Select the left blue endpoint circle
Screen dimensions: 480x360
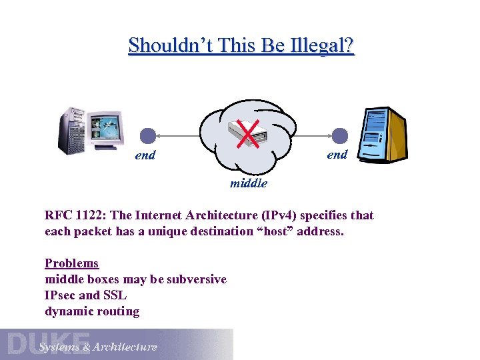click(148, 136)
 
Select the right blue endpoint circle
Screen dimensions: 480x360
click(340, 136)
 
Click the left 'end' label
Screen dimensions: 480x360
click(145, 155)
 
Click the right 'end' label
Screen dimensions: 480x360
click(337, 154)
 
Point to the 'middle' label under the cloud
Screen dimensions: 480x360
click(249, 183)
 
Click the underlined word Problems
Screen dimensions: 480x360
click(71, 263)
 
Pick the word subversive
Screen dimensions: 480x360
click(197, 279)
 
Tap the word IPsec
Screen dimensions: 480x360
click(60, 295)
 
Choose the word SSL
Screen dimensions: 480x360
click(114, 295)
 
